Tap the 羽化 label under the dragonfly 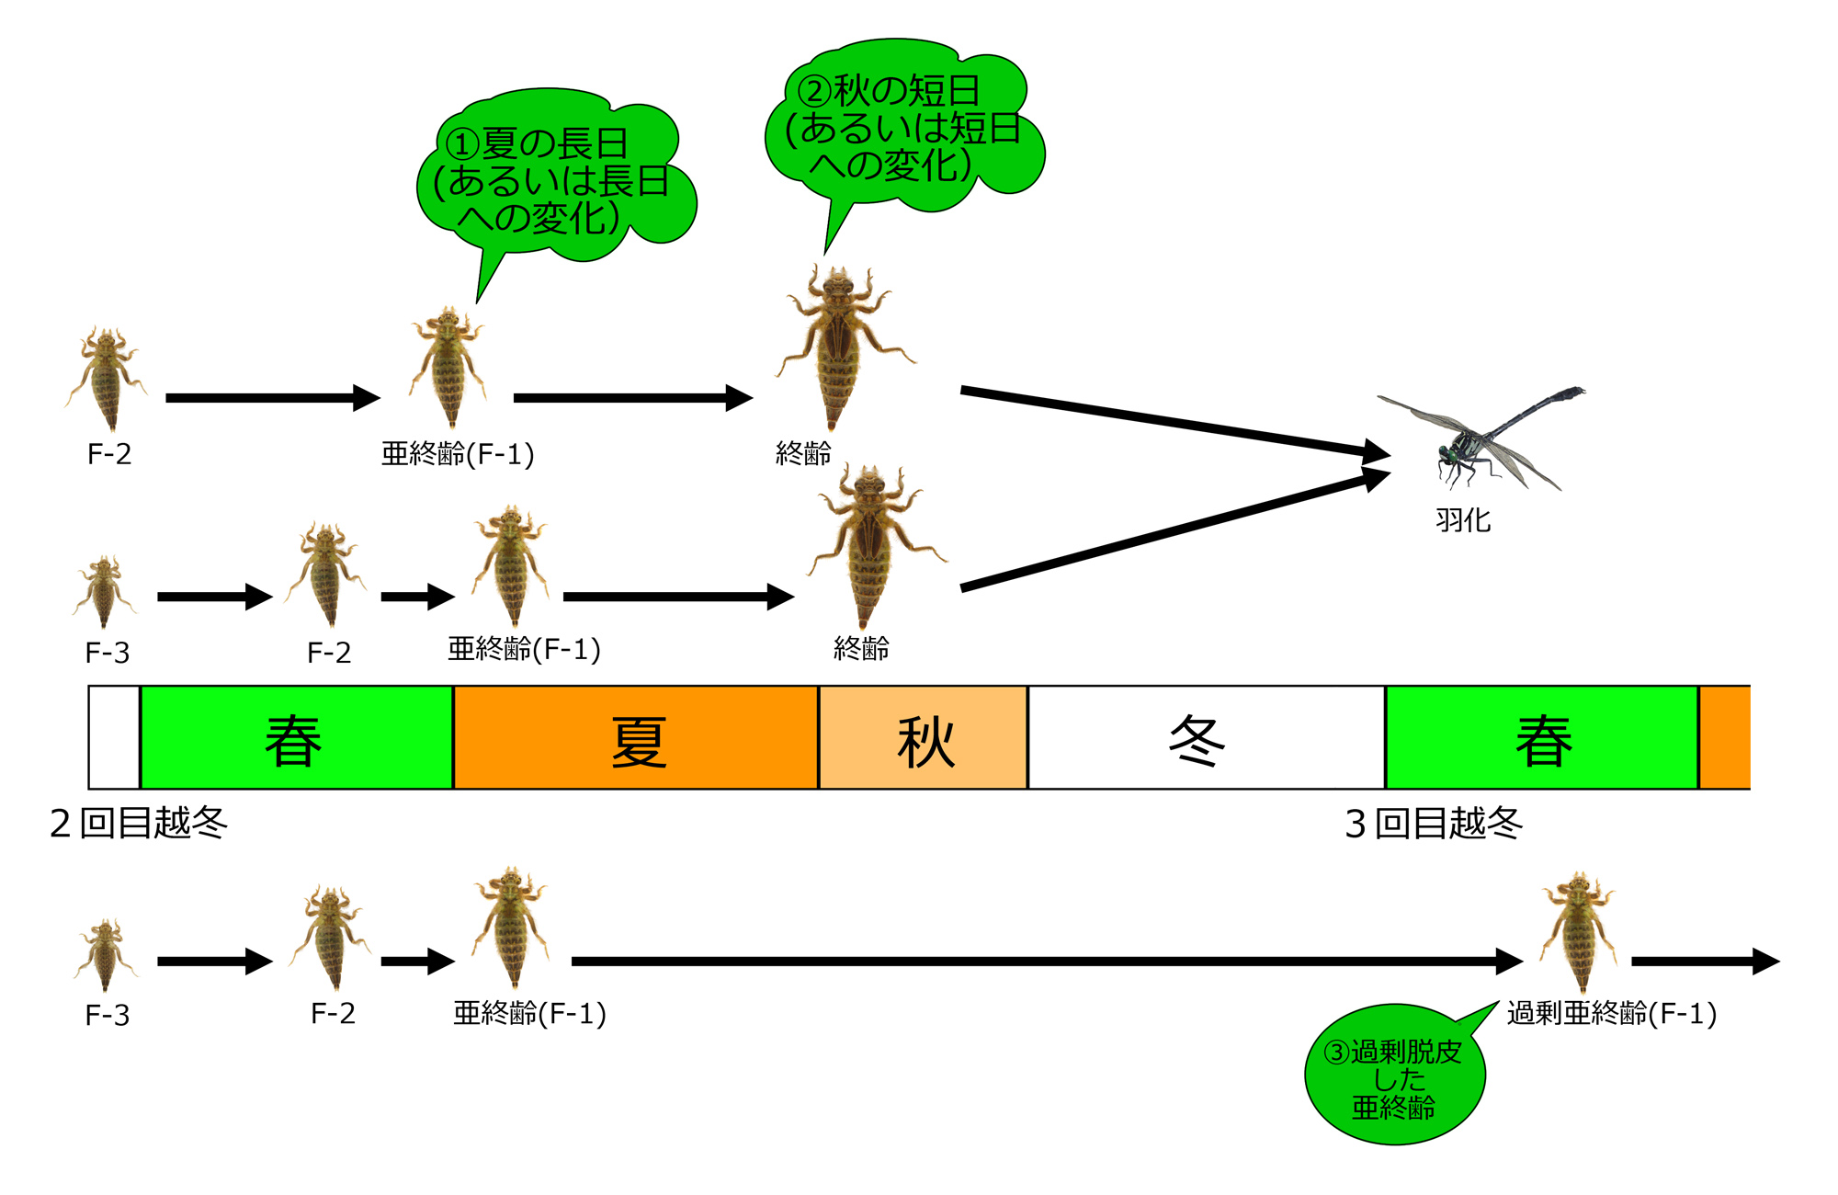pos(1463,520)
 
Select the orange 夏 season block pos(636,738)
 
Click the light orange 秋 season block pos(923,738)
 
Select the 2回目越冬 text pos(139,823)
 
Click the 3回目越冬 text pos(1434,823)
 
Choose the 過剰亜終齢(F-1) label pos(1611,1013)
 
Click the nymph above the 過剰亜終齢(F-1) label pos(1578,930)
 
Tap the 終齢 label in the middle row pos(861,649)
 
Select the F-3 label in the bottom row pos(108,1015)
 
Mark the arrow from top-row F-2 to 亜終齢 pos(272,398)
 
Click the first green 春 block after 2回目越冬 pos(296,738)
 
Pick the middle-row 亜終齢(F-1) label pos(524,649)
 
